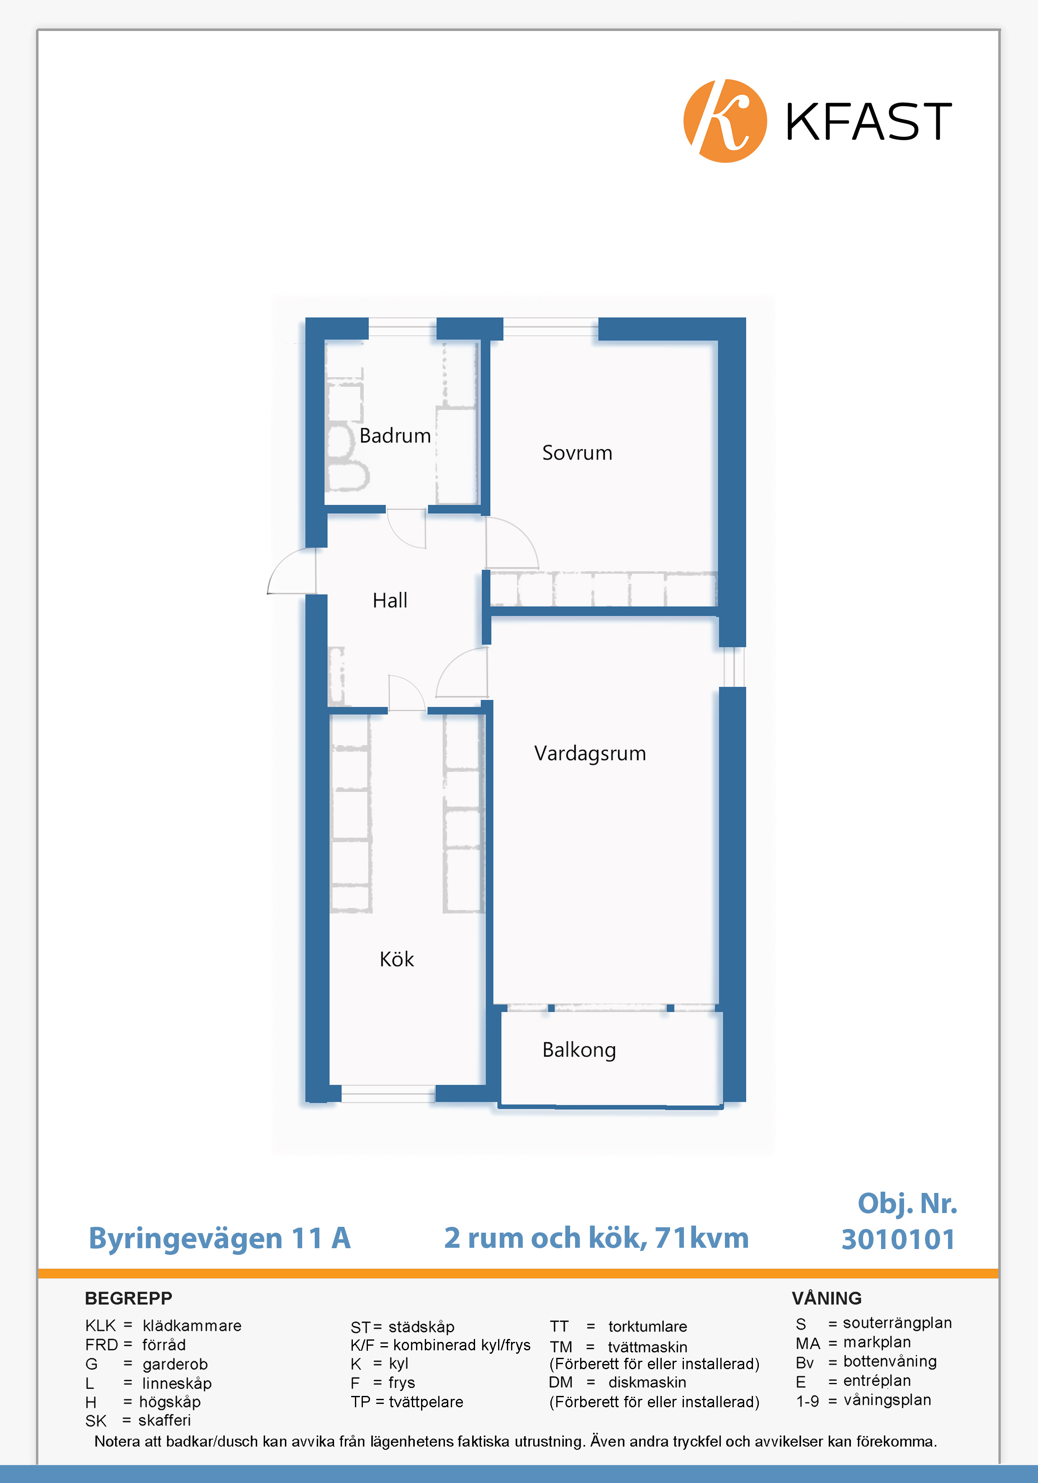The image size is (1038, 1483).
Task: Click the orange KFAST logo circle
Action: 725,121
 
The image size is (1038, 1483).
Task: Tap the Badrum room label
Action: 395,436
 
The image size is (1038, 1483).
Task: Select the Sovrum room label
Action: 577,453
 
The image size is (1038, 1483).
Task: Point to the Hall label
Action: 390,601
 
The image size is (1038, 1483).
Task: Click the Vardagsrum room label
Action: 590,754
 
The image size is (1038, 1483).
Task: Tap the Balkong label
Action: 579,1050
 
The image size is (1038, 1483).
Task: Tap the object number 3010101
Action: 898,1239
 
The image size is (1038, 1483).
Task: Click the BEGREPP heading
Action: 128,1298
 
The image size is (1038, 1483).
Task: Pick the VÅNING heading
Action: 827,1298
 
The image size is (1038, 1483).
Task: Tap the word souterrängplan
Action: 897,1324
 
